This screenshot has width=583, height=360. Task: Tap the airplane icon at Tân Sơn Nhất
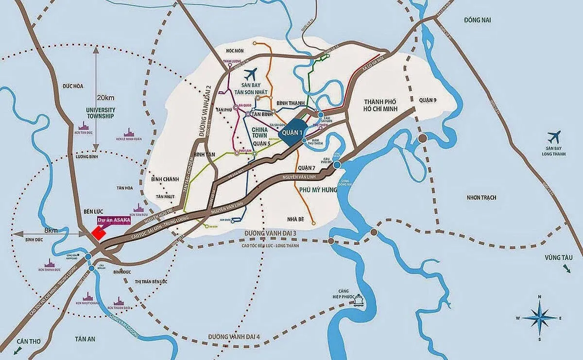coord(250,74)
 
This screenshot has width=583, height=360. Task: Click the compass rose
coord(539,318)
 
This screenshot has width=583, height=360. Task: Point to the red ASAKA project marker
coord(99,233)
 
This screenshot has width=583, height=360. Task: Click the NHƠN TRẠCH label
coord(486,198)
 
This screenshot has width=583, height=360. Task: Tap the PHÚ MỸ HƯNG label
coord(318,190)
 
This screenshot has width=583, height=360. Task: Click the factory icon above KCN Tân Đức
coord(85,133)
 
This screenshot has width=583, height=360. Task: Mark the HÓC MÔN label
coord(234,51)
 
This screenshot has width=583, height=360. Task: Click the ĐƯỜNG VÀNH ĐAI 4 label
coord(234,336)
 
